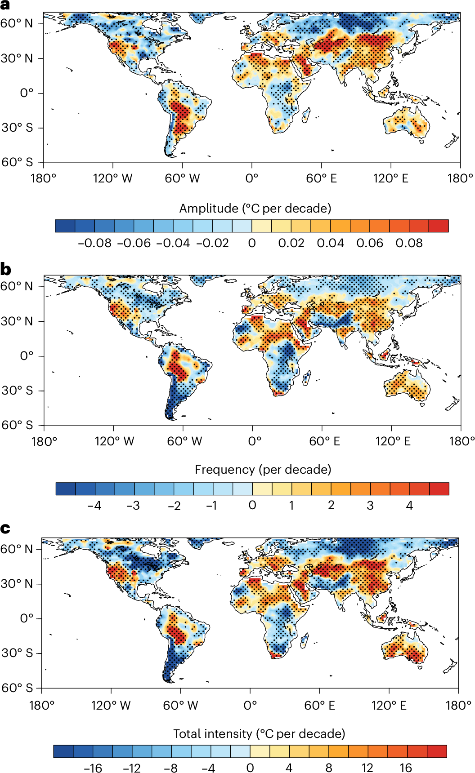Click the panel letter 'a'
(x=5, y=5)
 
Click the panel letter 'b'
(x=5, y=269)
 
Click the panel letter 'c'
(x=5, y=528)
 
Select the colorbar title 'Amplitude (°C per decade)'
(x=255, y=209)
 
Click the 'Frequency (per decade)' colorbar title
(x=263, y=470)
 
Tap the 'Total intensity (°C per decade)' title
(x=259, y=734)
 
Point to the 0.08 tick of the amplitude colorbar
(x=409, y=243)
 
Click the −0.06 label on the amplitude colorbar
(x=134, y=243)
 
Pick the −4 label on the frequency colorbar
(x=94, y=506)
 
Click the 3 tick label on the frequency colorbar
(x=370, y=506)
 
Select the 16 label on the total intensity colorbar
(x=406, y=768)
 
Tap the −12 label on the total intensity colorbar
(x=131, y=768)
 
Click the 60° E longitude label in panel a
(x=321, y=178)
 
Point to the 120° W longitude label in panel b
(x=114, y=441)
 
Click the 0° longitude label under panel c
(x=250, y=705)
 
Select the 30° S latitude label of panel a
(x=17, y=128)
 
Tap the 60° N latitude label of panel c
(x=17, y=549)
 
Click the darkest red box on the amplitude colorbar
(x=439, y=226)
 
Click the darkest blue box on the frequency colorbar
(x=66, y=489)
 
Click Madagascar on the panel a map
(x=305, y=115)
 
